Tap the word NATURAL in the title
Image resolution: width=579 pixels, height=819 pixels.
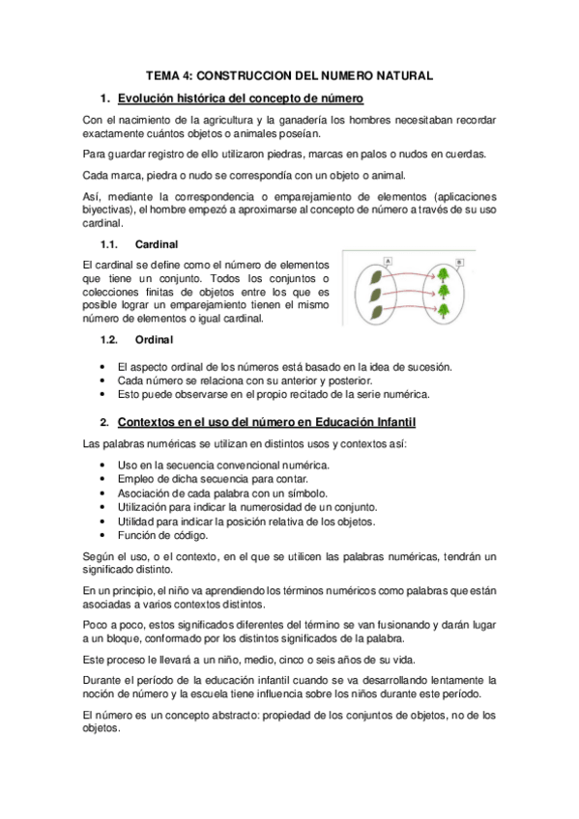[407, 74]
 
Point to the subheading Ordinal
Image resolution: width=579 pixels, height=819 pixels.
[155, 339]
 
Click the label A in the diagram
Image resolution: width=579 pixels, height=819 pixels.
[387, 260]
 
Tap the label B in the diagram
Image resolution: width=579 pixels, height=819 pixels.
[458, 261]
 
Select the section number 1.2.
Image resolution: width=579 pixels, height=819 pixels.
[109, 339]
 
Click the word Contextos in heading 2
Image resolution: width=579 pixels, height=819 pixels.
[148, 422]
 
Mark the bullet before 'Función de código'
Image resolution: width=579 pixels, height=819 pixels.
[103, 535]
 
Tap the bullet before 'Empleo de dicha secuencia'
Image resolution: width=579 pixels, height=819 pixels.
[103, 479]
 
